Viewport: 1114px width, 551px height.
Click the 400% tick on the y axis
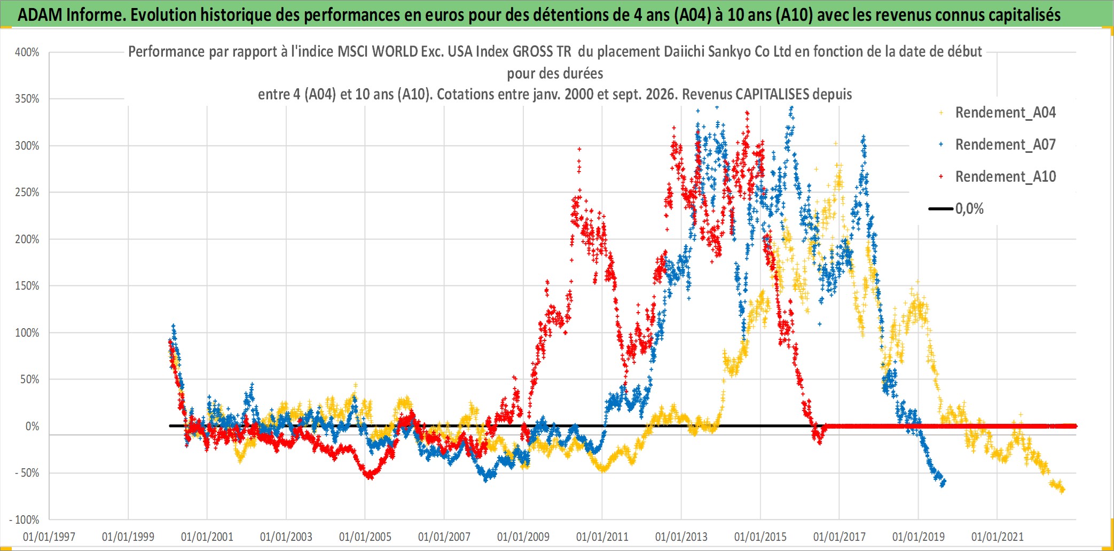point(27,52)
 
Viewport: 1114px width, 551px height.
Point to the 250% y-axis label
point(27,192)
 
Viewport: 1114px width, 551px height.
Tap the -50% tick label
point(26,473)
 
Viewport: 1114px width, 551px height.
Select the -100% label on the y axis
point(24,519)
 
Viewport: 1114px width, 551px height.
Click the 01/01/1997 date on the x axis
point(49,537)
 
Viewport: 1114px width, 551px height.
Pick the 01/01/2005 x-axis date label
point(365,537)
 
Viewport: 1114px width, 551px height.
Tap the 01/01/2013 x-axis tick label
point(681,537)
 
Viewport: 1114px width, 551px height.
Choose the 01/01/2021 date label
point(998,537)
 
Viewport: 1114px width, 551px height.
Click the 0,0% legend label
point(969,209)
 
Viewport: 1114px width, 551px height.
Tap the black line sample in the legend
point(941,208)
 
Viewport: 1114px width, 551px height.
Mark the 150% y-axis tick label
point(27,286)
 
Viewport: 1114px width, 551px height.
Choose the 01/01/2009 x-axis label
point(523,537)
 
